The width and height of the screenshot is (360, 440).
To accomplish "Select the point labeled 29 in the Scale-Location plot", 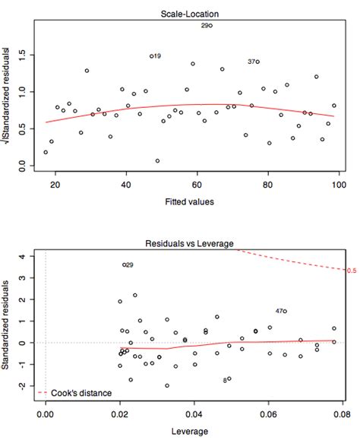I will click(x=210, y=26).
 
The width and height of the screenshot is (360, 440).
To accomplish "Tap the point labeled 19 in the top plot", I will click(x=151, y=56).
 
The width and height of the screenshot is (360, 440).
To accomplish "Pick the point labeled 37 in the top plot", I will click(x=257, y=62).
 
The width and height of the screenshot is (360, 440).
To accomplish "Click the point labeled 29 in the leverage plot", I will click(x=125, y=264).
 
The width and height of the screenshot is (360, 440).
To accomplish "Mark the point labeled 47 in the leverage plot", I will click(x=285, y=311).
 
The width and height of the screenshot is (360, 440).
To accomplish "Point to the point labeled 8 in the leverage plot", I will click(x=229, y=378).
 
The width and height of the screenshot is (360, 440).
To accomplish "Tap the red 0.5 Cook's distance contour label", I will click(x=352, y=271).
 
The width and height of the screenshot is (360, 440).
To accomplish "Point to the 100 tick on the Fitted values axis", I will click(x=339, y=185).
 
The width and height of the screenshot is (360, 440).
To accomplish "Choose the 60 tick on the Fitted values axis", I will click(x=197, y=185).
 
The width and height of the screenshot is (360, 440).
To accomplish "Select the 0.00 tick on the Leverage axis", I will click(x=46, y=417).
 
